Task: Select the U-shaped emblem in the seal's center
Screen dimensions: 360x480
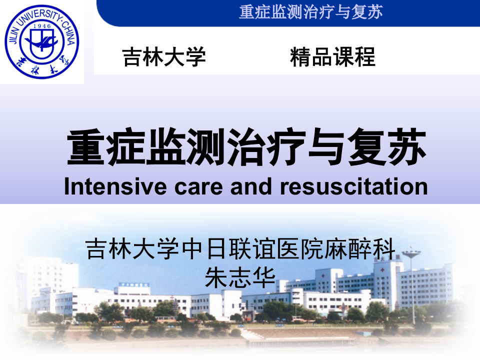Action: pyautogui.click(x=42, y=43)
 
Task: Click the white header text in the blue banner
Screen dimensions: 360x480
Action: pyautogui.click(x=310, y=11)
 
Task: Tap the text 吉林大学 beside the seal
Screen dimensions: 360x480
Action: pyautogui.click(x=164, y=57)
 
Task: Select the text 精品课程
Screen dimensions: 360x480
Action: pyautogui.click(x=332, y=57)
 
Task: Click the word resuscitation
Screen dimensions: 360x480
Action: pyautogui.click(x=354, y=186)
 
